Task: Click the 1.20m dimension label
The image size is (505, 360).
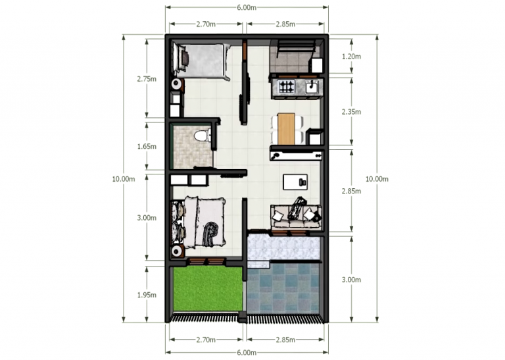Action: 352,57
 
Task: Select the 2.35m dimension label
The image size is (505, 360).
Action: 352,112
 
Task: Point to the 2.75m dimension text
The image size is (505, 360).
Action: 146,79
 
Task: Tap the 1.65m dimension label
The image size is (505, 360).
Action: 146,146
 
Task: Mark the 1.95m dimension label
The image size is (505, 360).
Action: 146,295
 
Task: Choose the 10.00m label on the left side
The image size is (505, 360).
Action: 123,179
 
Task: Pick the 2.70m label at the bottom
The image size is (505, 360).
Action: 206,340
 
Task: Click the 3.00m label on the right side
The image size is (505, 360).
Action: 352,279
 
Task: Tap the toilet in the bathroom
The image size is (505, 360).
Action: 203,136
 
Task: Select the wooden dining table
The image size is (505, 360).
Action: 286,128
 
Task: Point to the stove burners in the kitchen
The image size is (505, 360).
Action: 287,86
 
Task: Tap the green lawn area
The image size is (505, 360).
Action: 206,290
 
